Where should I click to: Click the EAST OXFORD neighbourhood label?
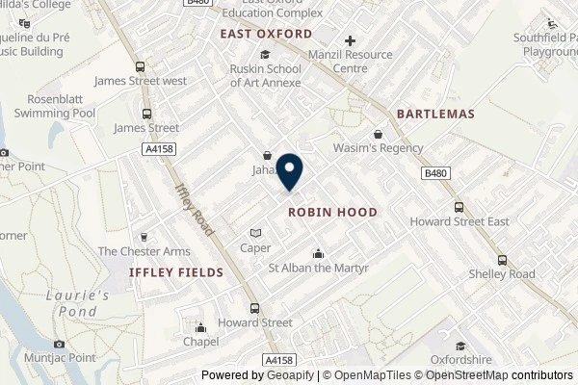(x=265, y=34)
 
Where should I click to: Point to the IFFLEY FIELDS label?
(x=176, y=272)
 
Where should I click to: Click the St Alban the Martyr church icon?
(x=318, y=254)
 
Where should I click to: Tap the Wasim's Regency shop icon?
(x=379, y=134)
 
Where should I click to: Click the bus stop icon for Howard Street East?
(x=459, y=207)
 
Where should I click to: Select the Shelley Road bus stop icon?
(x=502, y=260)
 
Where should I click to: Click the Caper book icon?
(x=255, y=233)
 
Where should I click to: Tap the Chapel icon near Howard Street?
(x=200, y=325)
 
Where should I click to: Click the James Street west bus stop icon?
(x=142, y=67)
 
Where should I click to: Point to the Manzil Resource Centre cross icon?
(x=350, y=41)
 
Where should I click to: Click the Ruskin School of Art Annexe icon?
(x=265, y=54)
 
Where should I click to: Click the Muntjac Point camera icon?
(x=60, y=345)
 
